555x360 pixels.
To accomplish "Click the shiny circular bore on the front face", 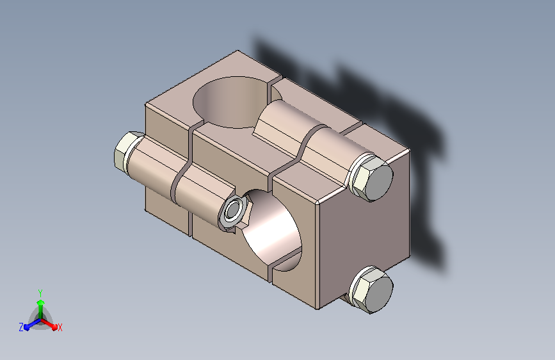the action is (273, 231).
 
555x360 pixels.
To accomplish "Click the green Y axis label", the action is (40, 293).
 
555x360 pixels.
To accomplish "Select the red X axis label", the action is (60, 327).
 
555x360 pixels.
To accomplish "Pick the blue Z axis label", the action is (21, 327).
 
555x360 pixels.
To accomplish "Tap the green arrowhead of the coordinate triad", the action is (41, 302).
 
